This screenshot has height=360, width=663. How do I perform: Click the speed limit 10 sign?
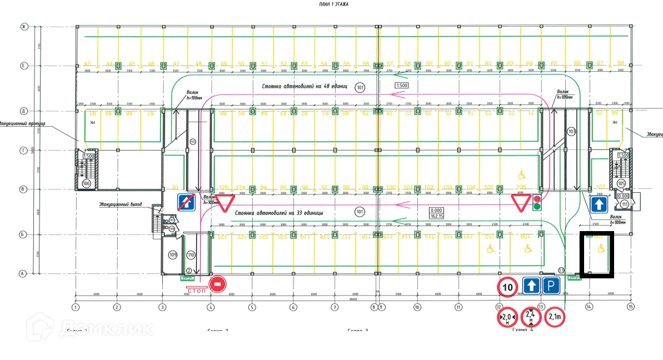[x=507, y=287]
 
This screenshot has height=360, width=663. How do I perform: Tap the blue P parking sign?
[x=551, y=287]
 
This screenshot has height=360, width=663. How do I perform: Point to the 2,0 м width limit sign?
[x=506, y=317]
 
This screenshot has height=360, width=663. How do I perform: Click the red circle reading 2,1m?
[x=555, y=317]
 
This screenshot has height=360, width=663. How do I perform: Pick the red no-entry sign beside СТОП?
[x=218, y=284]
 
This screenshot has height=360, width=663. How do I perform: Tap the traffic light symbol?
[x=537, y=203]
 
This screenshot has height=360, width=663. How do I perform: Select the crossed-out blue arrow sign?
[x=186, y=202]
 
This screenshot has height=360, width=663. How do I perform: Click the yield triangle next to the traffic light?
[x=522, y=203]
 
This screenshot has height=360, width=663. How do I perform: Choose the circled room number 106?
[x=86, y=183]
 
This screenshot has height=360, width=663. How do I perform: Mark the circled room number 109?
[x=172, y=255]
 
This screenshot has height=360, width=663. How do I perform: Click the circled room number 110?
[x=191, y=255]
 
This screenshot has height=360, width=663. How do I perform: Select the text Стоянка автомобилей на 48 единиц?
[x=305, y=87]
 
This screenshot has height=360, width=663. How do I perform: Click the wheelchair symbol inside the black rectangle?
[x=600, y=249]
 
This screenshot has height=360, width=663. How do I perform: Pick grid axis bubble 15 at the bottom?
[x=630, y=307]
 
